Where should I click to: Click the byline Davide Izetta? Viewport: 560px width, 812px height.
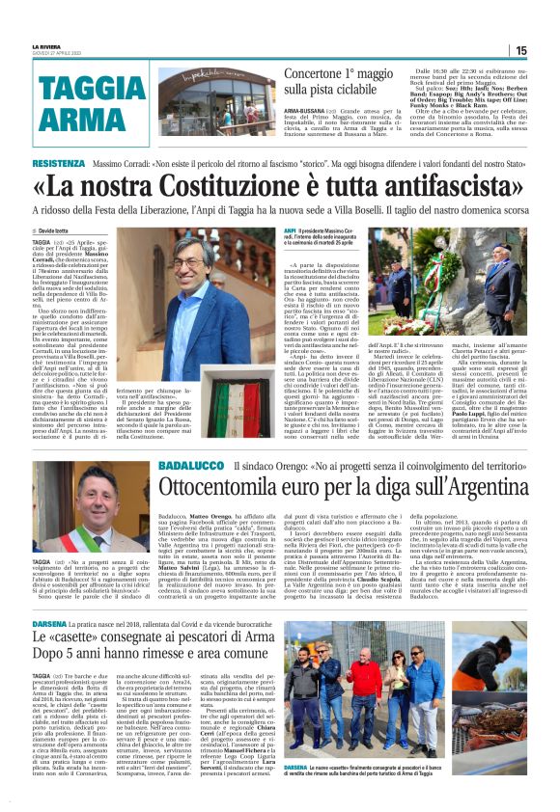(62, 231)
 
